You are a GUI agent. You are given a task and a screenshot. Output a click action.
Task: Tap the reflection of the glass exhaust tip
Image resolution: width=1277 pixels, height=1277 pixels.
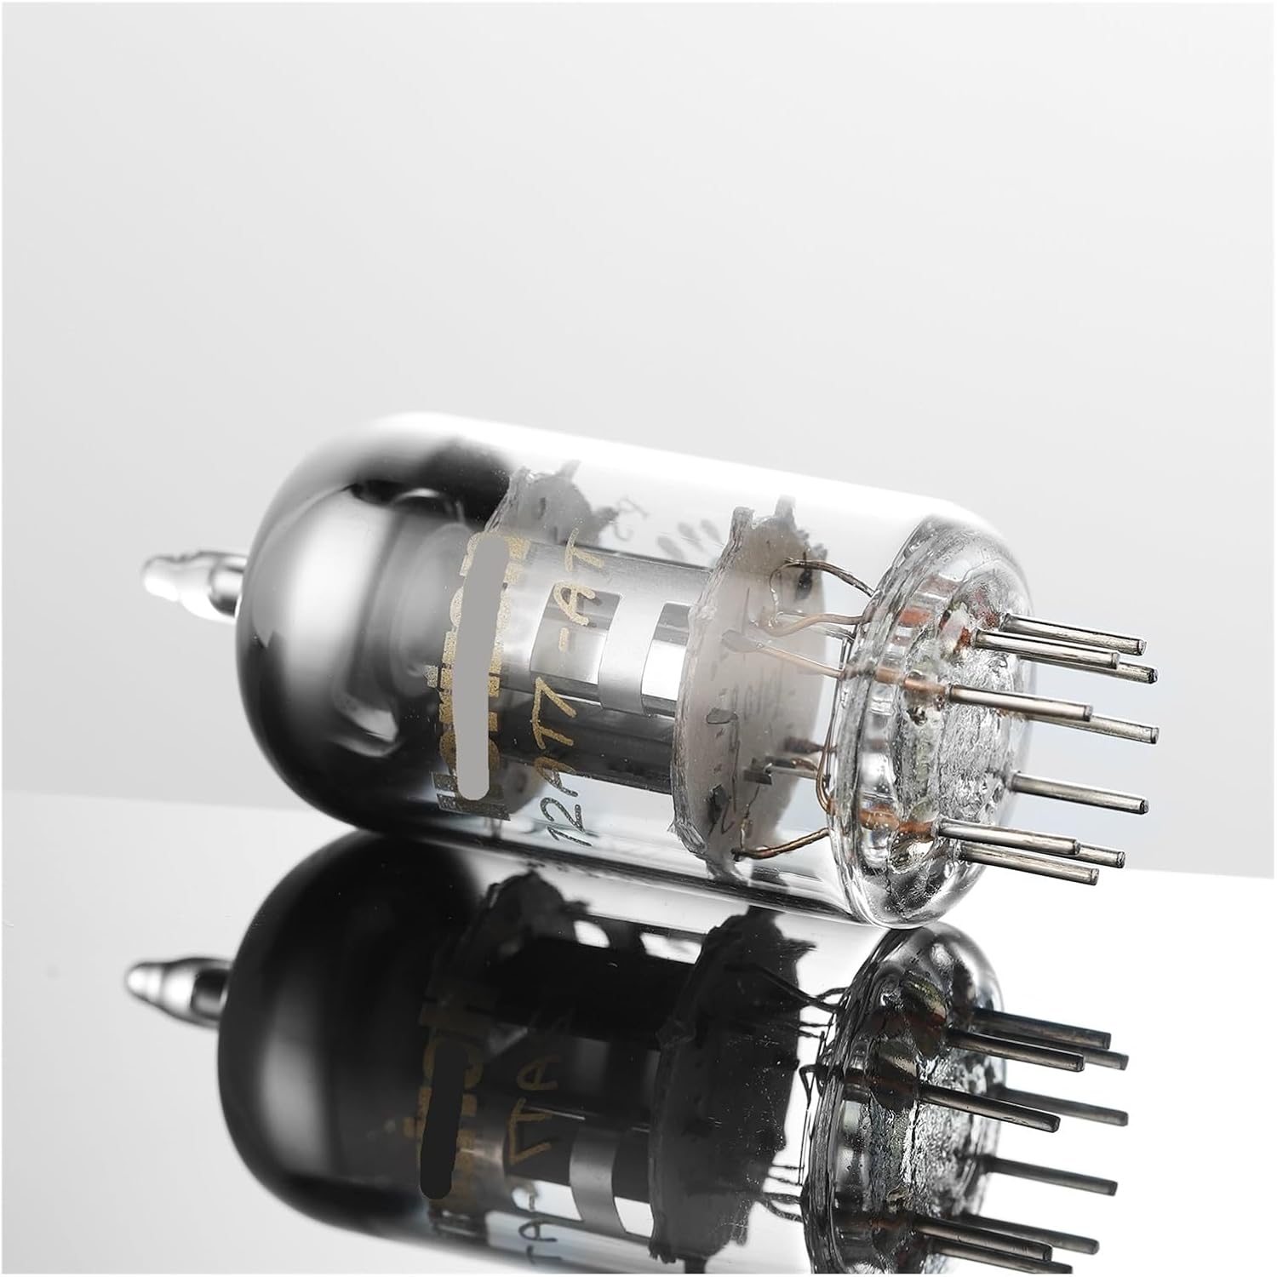tap(162, 981)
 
